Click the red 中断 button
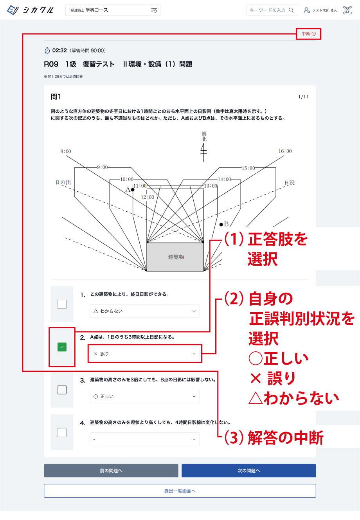[x=308, y=34]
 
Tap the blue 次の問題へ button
[x=248, y=471]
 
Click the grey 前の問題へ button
[x=111, y=471]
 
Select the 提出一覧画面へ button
[x=180, y=491]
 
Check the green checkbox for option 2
[x=62, y=347]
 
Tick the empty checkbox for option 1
[x=62, y=304]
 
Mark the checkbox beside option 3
[x=62, y=390]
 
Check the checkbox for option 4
[x=62, y=432]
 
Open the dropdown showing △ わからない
[x=144, y=311]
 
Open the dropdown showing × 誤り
[x=144, y=354]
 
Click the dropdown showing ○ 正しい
[x=144, y=396]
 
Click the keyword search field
[x=268, y=10]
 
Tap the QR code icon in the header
[x=347, y=10]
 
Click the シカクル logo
[x=31, y=10]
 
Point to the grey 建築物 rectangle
[x=175, y=257]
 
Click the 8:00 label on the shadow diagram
[x=66, y=151]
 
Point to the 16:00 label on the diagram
[x=285, y=151]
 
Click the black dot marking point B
[x=221, y=224]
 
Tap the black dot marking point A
[x=133, y=190]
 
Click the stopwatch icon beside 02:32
[x=47, y=50]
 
